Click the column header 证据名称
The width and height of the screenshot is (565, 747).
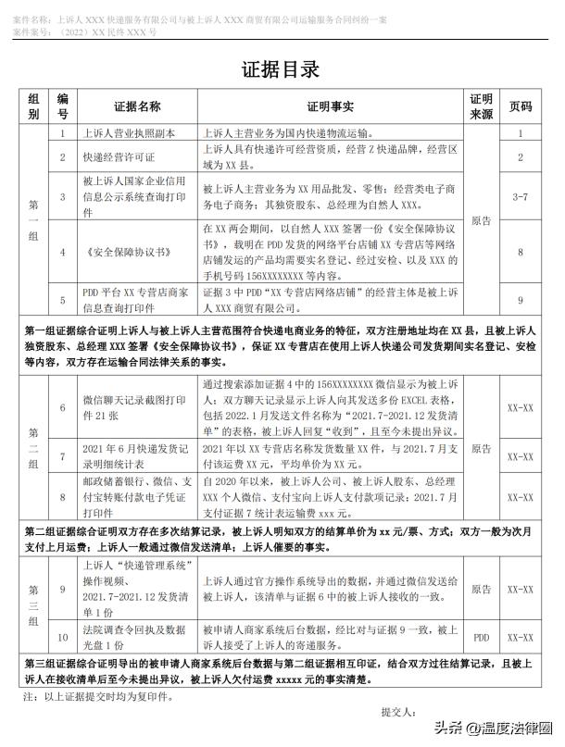pyautogui.click(x=137, y=106)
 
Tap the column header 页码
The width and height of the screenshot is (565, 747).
pyautogui.click(x=521, y=106)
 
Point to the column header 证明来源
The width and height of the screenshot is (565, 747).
pyautogui.click(x=481, y=106)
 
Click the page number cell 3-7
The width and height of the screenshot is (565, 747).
pyautogui.click(x=521, y=197)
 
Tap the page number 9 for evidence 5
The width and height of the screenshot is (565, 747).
pyautogui.click(x=521, y=300)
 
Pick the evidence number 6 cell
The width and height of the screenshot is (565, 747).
pyautogui.click(x=63, y=407)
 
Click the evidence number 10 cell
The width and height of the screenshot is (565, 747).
pyautogui.click(x=63, y=637)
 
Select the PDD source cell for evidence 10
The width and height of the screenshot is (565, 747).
pyautogui.click(x=481, y=637)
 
